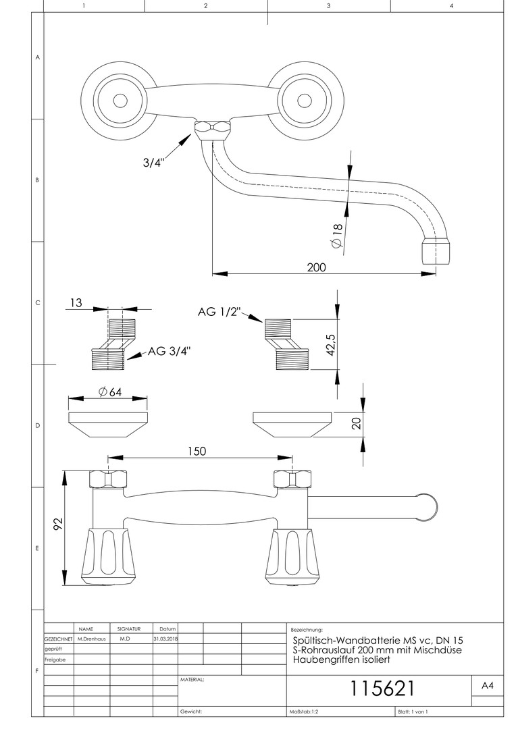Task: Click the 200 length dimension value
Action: tap(315, 267)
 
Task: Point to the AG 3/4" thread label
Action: tap(169, 350)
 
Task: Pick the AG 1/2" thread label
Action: tap(220, 312)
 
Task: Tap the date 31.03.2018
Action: tap(165, 638)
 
